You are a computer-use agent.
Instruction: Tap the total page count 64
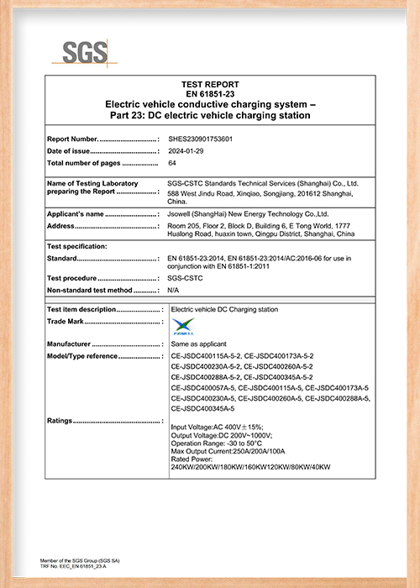coord(173,162)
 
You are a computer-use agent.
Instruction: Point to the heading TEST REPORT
coord(210,85)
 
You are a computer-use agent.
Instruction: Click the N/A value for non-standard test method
coord(174,289)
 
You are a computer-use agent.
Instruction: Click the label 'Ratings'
coord(61,420)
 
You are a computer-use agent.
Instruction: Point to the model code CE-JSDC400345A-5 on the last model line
coord(202,407)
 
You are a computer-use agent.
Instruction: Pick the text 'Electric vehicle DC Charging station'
coord(223,310)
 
